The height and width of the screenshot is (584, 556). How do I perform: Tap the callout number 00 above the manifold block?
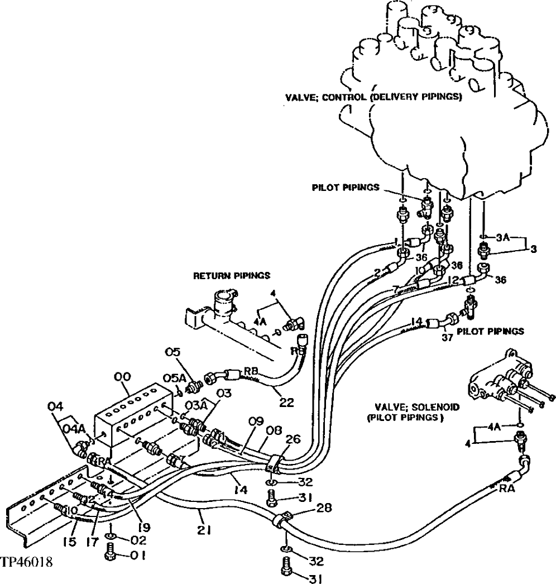tap(122, 378)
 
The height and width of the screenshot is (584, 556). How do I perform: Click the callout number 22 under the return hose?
tap(286, 401)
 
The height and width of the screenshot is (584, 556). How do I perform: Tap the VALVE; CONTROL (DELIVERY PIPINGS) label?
tap(373, 97)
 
